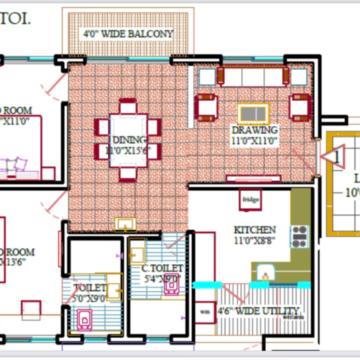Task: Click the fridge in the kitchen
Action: [251, 199]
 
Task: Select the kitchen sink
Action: [265, 273]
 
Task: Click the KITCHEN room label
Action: [255, 230]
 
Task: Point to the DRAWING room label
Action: [255, 130]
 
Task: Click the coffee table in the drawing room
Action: [253, 114]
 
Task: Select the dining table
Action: [128, 140]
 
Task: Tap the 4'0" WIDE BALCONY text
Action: [128, 34]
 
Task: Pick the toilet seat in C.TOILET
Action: [172, 285]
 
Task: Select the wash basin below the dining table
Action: [125, 224]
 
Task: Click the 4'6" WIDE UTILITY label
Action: [258, 311]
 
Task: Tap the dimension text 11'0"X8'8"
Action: [255, 240]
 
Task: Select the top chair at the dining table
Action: [128, 106]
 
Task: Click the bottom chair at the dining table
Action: [128, 174]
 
